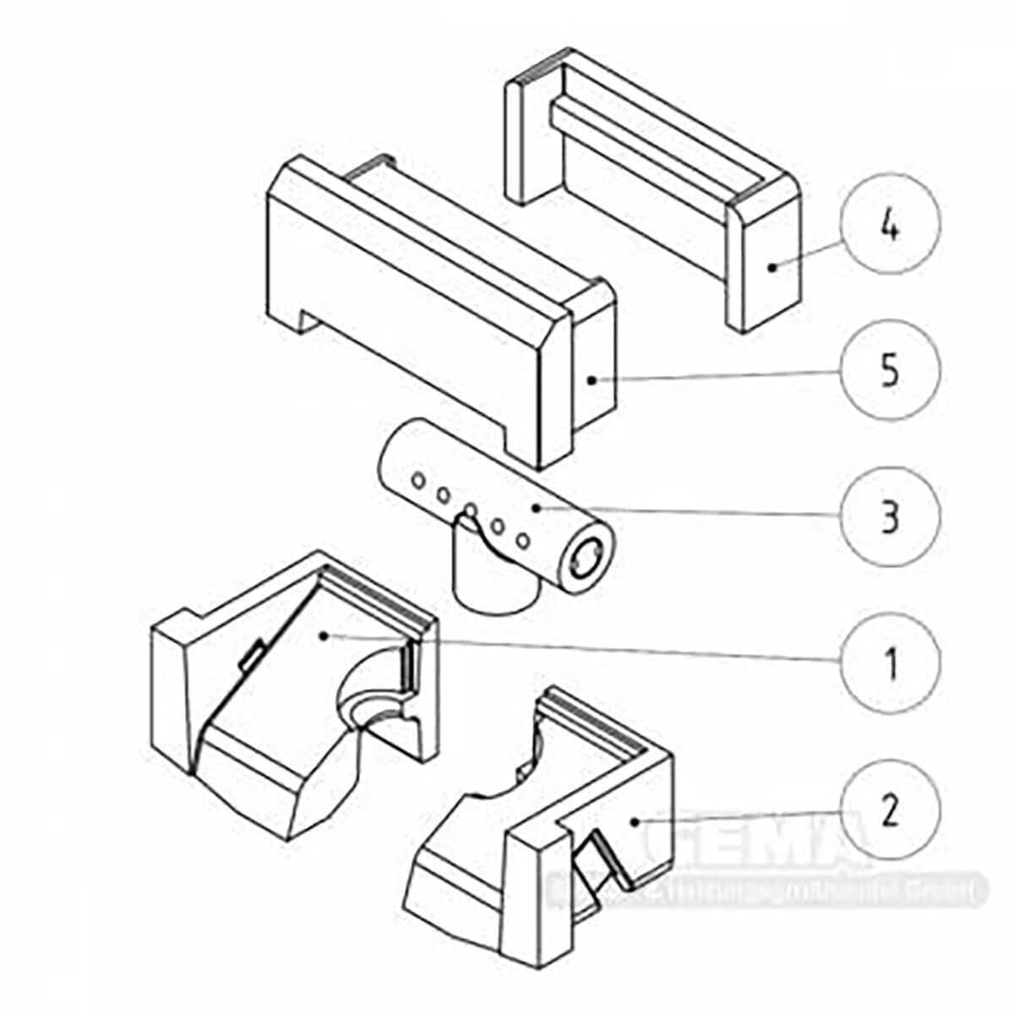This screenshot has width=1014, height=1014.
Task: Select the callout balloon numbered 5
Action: [x=890, y=372]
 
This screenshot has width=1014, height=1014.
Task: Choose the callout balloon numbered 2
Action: [x=890, y=810]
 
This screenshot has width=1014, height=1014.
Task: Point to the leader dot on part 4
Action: [x=771, y=267]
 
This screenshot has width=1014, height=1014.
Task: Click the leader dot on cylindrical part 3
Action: [x=535, y=507]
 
